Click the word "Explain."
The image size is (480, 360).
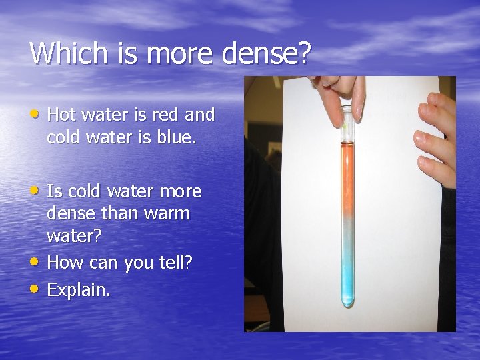tap(79, 290)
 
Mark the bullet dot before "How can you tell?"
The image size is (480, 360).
tap(35, 263)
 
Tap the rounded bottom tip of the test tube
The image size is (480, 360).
tap(347, 303)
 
